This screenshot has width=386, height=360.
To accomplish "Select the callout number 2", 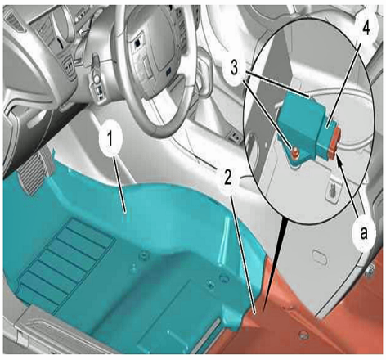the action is (227, 178).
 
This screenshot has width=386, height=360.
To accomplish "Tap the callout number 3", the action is (235, 68).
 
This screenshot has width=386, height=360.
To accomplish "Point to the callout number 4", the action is (366, 29).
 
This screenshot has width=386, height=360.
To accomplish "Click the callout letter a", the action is (364, 233).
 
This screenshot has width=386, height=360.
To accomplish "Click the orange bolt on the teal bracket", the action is (295, 153).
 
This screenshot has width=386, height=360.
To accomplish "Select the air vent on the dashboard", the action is (14, 20).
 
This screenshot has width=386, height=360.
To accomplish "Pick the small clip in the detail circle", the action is (333, 188).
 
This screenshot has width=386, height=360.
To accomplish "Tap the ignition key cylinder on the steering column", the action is (96, 79).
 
